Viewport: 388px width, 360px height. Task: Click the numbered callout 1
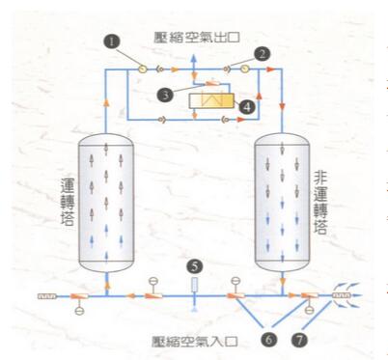pos(113,42)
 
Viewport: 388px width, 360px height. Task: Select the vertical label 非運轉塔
pos(321,198)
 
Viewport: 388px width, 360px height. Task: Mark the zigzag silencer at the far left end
pos(45,294)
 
